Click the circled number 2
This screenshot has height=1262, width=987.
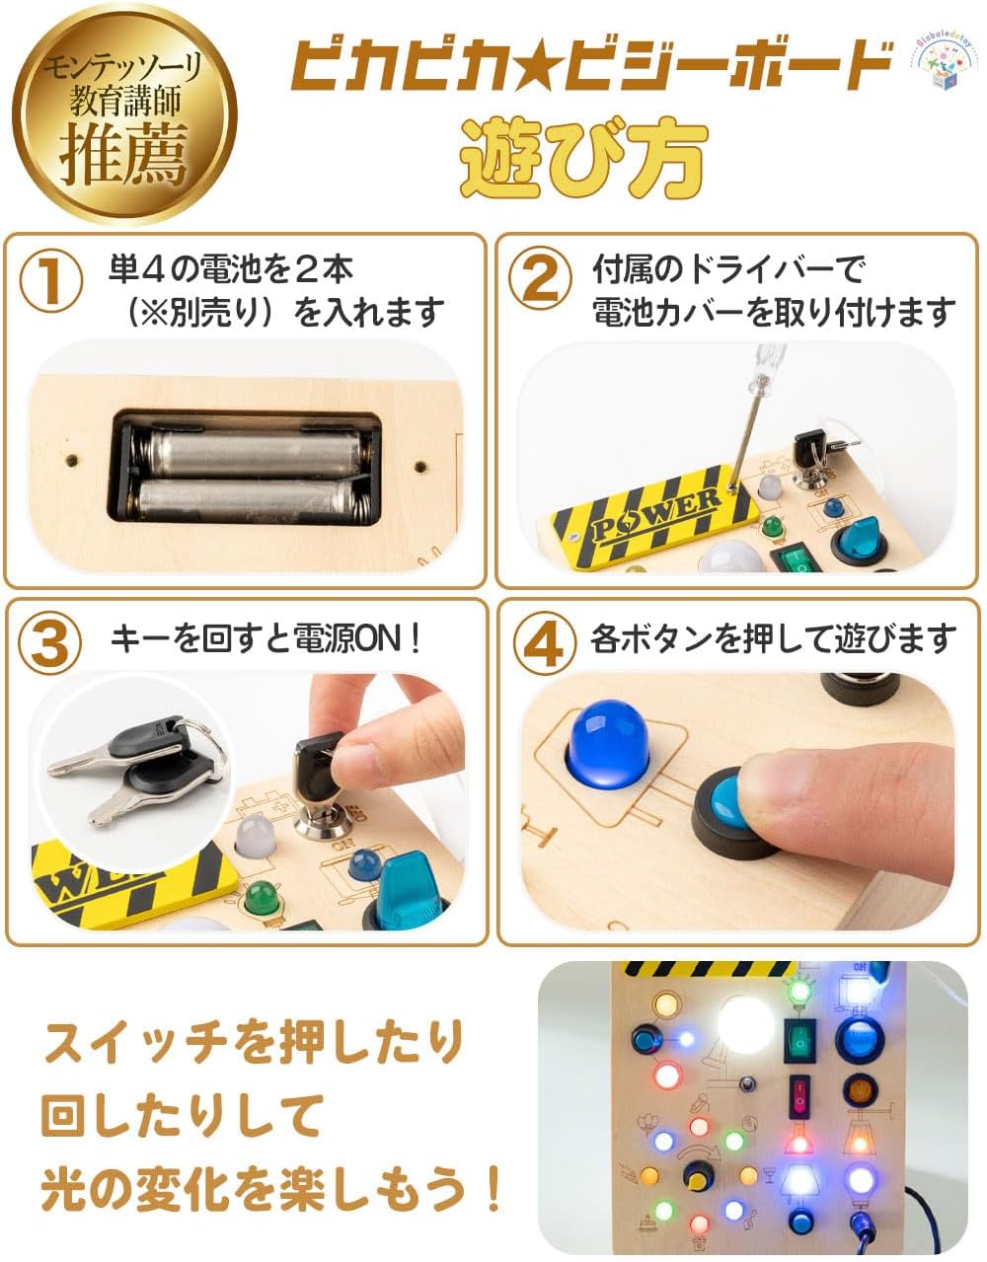(540, 281)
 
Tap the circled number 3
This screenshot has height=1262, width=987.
(51, 644)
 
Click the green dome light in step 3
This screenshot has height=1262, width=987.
(263, 897)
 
